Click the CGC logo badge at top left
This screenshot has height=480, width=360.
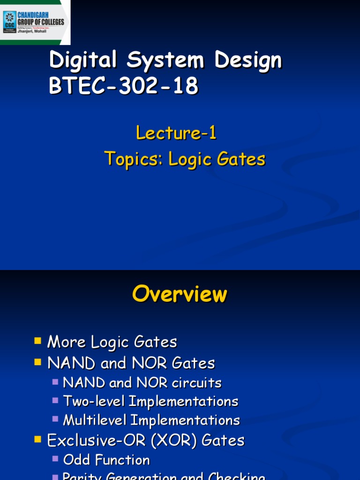pos(9,21)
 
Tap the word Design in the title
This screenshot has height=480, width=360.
pos(248,61)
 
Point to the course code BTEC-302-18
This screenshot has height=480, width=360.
pos(124,87)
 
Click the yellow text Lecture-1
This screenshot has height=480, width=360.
pos(176,134)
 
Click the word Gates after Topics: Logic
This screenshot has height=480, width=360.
pos(241,159)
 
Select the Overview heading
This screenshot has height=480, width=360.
pos(180,294)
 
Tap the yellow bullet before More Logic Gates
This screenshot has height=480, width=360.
pos(38,340)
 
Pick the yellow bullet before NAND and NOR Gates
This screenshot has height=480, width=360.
pos(38,361)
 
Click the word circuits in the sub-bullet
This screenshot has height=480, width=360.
pos(196,382)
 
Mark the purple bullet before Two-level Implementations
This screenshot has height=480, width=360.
pos(55,400)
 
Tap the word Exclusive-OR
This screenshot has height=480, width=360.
pos(93,440)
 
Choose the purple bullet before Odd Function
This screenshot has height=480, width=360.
pos(55,458)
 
